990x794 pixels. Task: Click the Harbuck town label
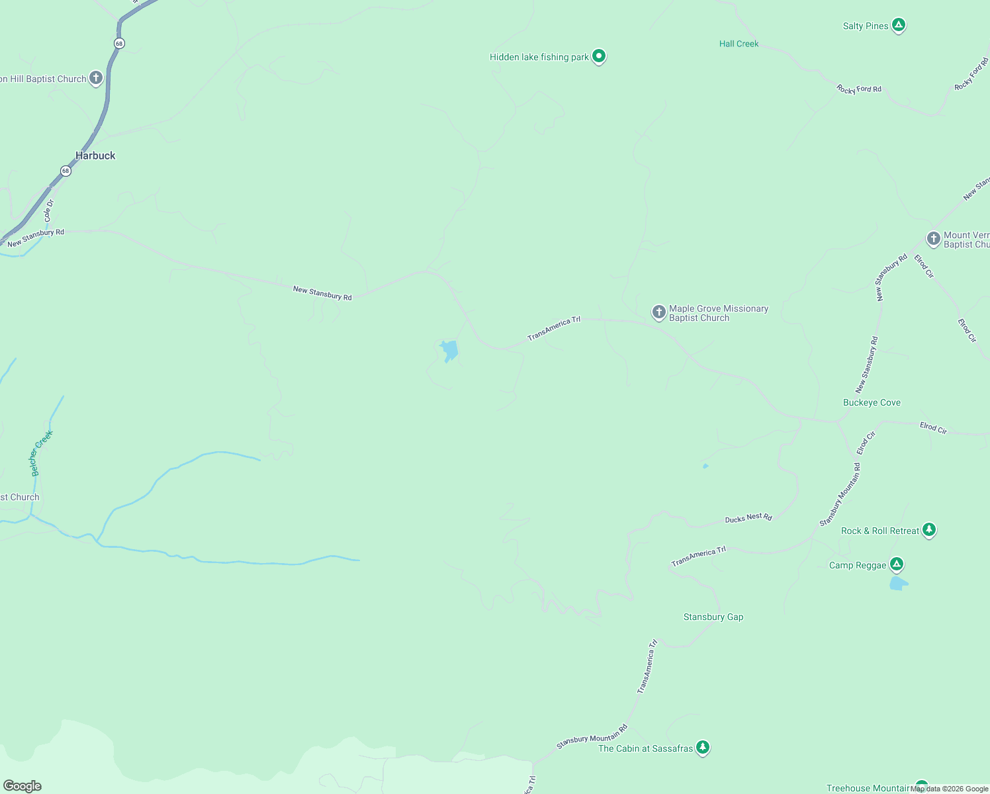(x=95, y=155)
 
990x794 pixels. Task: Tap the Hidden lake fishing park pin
(x=599, y=56)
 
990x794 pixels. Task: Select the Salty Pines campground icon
(x=898, y=25)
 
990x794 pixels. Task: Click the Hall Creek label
(x=739, y=44)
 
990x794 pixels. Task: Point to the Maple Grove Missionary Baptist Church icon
(x=658, y=312)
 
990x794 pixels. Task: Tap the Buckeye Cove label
(x=872, y=402)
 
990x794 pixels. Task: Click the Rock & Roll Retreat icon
(x=929, y=530)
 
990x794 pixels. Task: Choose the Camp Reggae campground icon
(x=897, y=564)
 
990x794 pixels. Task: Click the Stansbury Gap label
(x=713, y=617)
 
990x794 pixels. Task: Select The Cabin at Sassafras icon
(x=703, y=748)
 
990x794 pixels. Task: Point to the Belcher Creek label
(x=41, y=453)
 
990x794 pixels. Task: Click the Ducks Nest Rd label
(x=748, y=518)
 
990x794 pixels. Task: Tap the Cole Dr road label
(x=48, y=210)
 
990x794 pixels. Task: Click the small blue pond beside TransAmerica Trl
(x=449, y=350)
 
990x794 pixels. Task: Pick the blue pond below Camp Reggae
(x=898, y=583)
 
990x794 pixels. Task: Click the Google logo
(x=22, y=786)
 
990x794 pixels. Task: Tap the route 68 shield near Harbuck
(x=65, y=171)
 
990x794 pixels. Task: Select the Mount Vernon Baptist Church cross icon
(x=933, y=239)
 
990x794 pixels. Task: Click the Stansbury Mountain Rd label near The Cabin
(x=591, y=737)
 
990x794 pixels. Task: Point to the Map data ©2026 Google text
(x=949, y=789)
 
